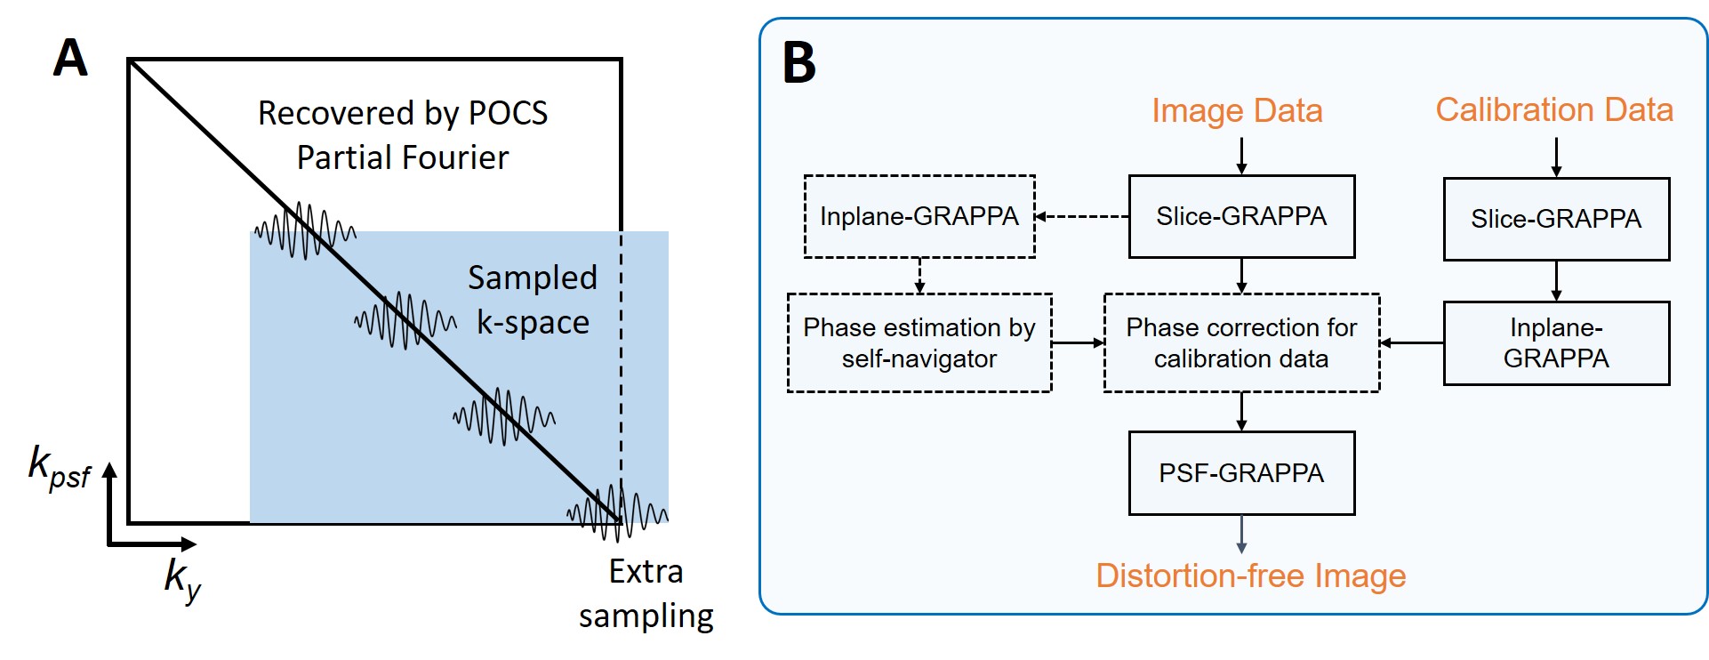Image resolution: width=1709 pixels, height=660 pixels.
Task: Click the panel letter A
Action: [x=70, y=59]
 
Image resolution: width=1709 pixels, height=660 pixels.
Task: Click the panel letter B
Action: [x=798, y=63]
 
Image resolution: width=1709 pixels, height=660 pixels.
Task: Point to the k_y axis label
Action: [x=182, y=578]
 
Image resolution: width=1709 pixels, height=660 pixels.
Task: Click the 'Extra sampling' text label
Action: [x=646, y=593]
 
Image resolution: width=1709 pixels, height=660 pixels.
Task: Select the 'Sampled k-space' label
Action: [x=533, y=300]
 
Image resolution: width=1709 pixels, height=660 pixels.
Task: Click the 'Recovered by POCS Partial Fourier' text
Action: [x=403, y=135]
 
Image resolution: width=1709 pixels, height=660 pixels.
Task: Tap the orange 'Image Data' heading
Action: [x=1237, y=111]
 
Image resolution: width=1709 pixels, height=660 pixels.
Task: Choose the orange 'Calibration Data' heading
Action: [x=1554, y=110]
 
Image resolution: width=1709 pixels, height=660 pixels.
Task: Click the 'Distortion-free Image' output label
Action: [x=1250, y=575]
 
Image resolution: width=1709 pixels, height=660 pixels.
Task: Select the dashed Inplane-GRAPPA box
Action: [x=919, y=217]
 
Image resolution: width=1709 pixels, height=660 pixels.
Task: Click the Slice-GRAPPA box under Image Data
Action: [x=1241, y=217]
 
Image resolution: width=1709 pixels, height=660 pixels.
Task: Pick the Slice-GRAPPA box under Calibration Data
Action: [x=1556, y=219]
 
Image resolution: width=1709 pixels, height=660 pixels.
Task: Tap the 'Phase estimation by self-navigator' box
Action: [x=919, y=342]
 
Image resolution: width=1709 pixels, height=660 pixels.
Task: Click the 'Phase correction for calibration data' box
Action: [x=1241, y=342]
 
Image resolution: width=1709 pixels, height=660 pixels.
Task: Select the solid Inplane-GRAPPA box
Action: [x=1556, y=343]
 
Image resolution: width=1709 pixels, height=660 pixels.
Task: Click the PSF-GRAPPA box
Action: [x=1241, y=473]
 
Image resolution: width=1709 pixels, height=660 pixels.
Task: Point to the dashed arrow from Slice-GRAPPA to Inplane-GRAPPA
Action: [x=1082, y=216]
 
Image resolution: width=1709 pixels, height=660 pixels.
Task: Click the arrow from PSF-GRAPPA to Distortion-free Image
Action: [x=1241, y=534]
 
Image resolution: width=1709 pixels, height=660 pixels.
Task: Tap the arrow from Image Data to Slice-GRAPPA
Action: [x=1241, y=155]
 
